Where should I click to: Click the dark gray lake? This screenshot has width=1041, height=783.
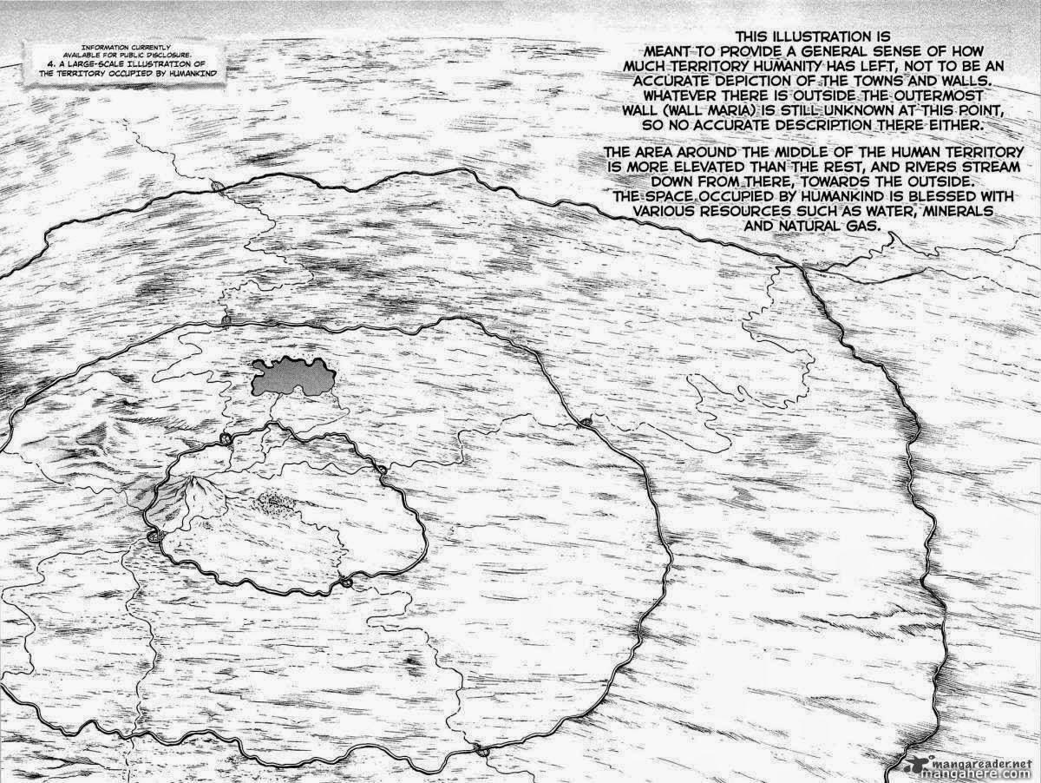(x=292, y=376)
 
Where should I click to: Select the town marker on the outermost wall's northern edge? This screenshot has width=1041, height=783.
(x=217, y=187)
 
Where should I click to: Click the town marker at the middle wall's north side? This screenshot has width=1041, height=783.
(x=226, y=321)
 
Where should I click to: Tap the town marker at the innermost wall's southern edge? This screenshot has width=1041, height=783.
(x=346, y=582)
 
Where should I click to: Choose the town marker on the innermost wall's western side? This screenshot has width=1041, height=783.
(x=156, y=537)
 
